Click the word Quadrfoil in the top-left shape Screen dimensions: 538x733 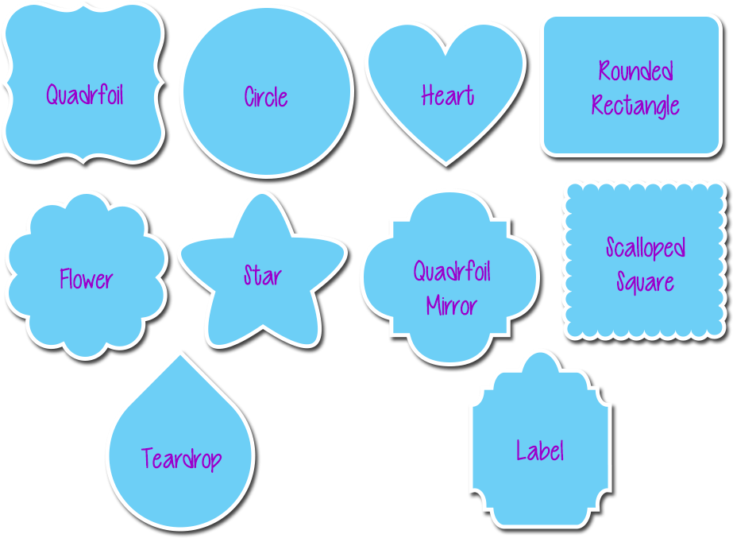(84, 95)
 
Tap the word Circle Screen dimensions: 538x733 (266, 98)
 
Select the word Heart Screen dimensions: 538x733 (448, 96)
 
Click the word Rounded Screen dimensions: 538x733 (635, 72)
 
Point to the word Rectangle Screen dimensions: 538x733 (635, 106)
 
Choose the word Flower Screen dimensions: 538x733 (86, 279)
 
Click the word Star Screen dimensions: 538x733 (262, 276)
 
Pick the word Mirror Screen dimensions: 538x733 (451, 306)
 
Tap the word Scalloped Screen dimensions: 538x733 (645, 248)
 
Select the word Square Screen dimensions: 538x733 (645, 282)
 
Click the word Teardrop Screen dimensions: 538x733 (181, 459)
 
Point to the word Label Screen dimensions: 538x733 (540, 451)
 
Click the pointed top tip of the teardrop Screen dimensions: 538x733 (179, 355)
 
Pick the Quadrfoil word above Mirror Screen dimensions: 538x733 (451, 272)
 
